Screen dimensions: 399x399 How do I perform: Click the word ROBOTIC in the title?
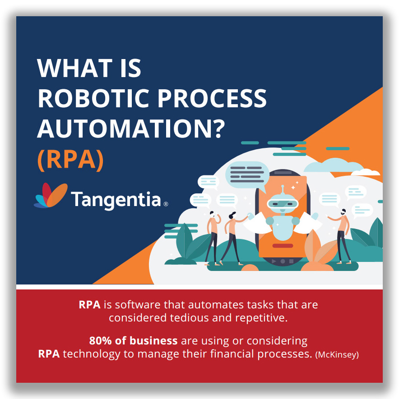(x=93, y=98)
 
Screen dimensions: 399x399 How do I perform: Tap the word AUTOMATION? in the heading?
(x=131, y=129)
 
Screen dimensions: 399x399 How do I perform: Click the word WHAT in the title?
(x=74, y=68)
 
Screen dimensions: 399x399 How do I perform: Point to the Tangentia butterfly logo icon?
(x=51, y=195)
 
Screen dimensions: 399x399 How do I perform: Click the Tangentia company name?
(x=116, y=200)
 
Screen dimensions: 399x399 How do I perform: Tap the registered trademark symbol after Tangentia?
(x=166, y=204)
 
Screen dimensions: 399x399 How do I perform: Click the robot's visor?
(x=282, y=204)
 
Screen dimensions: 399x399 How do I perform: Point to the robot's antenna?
(x=282, y=189)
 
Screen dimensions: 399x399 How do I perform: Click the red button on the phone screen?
(x=283, y=246)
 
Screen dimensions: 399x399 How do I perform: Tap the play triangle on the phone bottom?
(x=274, y=261)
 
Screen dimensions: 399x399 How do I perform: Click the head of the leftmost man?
(x=212, y=213)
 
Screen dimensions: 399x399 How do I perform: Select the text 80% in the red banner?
(x=100, y=341)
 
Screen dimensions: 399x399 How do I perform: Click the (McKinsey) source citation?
(x=337, y=354)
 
